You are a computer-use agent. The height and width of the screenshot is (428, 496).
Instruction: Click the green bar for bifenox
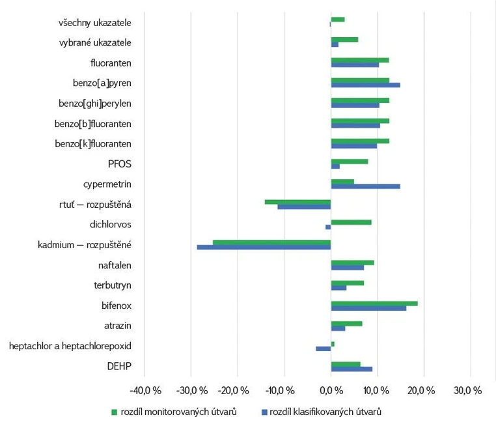[374, 303]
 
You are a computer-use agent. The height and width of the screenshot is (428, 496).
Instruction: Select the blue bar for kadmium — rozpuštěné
[264, 247]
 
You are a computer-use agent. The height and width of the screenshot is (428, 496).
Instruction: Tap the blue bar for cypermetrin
[365, 186]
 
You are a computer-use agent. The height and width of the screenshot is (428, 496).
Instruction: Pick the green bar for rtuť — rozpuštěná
[297, 201]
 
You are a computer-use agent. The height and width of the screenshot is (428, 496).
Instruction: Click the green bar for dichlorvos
[351, 222]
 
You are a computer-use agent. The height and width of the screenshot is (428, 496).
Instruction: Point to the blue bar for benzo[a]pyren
[365, 85]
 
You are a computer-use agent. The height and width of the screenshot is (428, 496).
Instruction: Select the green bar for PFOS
[349, 162]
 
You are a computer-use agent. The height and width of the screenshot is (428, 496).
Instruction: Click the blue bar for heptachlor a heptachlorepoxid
[324, 349]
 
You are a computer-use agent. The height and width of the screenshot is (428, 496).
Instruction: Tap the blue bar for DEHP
[351, 369]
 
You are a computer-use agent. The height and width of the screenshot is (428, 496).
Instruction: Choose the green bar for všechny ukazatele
[337, 20]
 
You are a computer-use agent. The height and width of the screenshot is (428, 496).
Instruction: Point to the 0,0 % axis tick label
[331, 391]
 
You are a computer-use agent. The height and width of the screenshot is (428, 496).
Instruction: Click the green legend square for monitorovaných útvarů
[115, 412]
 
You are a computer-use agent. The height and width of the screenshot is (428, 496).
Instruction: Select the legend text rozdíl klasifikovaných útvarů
[325, 412]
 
